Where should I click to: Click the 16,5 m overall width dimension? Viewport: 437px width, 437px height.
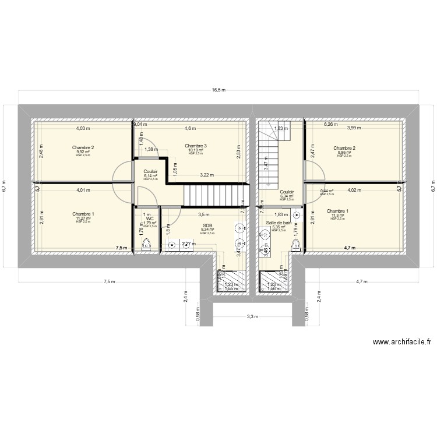pos(218,90)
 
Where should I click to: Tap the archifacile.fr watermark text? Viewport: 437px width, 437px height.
pos(401,343)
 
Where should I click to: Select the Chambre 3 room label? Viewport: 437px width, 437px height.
pos(196,146)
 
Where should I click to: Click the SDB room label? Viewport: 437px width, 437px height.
pos(207,225)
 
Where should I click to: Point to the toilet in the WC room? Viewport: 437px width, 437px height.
pos(146,246)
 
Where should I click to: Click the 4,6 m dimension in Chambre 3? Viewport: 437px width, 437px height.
pos(190,128)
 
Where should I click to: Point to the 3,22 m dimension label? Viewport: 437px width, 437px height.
pos(206,175)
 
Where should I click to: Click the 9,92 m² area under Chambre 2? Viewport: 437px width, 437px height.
pos(83,153)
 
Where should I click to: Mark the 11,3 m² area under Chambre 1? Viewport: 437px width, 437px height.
pos(338,216)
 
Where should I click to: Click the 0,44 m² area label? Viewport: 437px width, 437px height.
pos(327,191)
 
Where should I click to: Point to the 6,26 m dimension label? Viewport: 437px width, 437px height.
pos(332,124)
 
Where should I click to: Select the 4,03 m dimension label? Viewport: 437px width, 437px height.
pos(84,128)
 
